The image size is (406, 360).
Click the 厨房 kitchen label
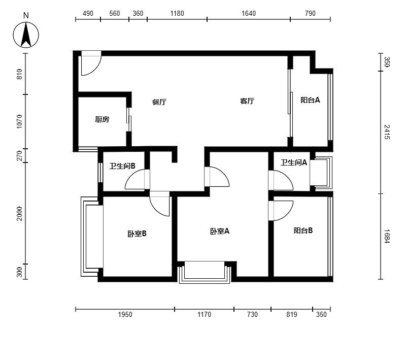(102, 119)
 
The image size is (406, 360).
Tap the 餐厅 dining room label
(159, 102)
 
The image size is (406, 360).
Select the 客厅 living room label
(247, 101)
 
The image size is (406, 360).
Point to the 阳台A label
(310, 100)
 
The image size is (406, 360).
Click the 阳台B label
(303, 231)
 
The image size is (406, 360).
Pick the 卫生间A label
(294, 162)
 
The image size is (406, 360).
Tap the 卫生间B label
(122, 166)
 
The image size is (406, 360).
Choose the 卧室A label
(220, 231)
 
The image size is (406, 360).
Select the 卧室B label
(137, 234)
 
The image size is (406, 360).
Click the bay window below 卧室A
(205, 272)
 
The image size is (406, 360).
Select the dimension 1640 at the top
(249, 13)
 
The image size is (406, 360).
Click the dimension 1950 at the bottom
(125, 314)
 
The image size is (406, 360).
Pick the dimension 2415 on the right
(387, 132)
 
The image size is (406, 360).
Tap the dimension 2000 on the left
(19, 214)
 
